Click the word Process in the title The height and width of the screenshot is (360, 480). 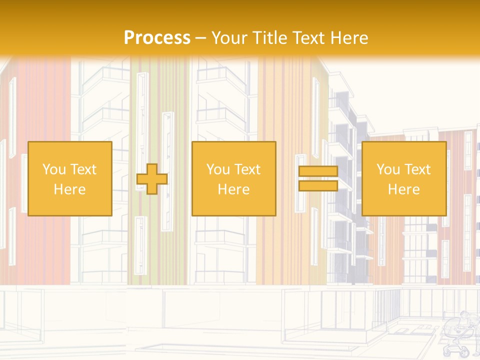tap(157, 37)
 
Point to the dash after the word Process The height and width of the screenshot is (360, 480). tap(201, 38)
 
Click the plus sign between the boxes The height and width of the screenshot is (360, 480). tap(152, 178)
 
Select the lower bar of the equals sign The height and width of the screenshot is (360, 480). tap(318, 185)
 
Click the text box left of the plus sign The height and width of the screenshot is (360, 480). tap(70, 178)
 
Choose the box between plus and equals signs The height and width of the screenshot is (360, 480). tap(234, 178)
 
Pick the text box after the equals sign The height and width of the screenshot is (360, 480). tap(404, 178)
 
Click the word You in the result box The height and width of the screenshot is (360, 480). tap(388, 169)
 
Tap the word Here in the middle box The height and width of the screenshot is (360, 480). tap(234, 189)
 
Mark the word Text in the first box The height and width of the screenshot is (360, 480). tap(83, 169)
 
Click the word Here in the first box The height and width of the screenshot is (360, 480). tap(70, 189)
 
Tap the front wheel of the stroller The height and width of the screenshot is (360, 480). tap(464, 352)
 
